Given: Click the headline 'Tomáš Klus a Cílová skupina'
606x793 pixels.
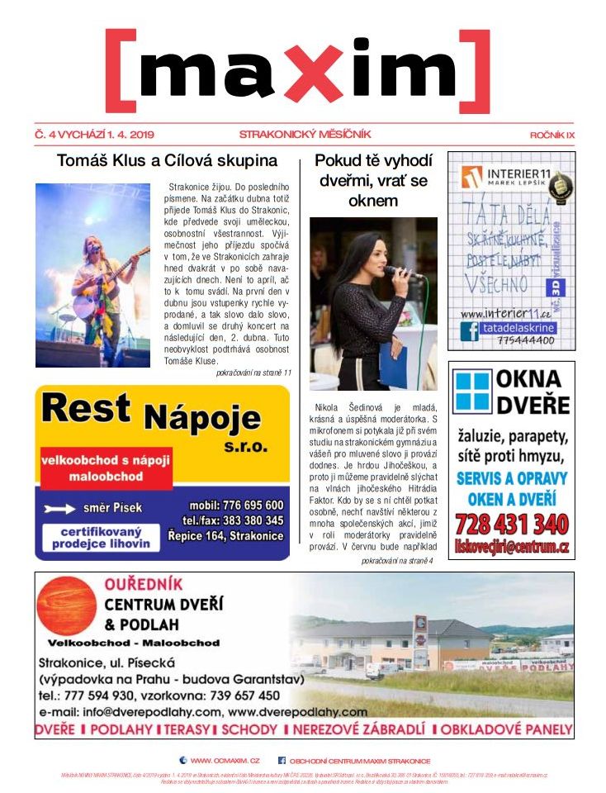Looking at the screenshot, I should pyautogui.click(x=167, y=160).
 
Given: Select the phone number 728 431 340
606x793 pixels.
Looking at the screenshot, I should pyautogui.click(x=511, y=524).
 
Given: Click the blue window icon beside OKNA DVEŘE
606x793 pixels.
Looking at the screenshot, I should pyautogui.click(x=472, y=392).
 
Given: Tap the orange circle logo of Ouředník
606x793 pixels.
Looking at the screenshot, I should pyautogui.click(x=67, y=606).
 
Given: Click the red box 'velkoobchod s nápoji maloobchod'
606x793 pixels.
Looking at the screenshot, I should pyautogui.click(x=106, y=468).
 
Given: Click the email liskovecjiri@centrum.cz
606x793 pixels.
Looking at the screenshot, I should pyautogui.click(x=511, y=546).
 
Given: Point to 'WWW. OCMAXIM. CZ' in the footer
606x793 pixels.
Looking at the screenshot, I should pyautogui.click(x=225, y=760).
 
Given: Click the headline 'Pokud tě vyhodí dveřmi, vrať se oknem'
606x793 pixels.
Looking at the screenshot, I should pyautogui.click(x=372, y=180).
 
